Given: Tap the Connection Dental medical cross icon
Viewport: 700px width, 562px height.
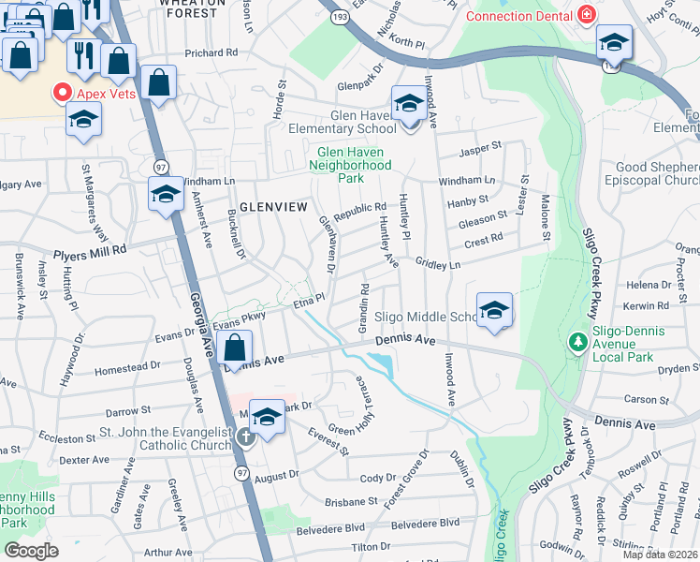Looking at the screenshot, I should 587,16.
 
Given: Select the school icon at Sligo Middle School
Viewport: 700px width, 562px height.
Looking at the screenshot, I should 494,310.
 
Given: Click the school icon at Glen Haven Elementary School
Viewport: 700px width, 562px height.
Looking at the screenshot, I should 407,103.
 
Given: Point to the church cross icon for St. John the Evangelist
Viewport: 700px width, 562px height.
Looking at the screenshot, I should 246,436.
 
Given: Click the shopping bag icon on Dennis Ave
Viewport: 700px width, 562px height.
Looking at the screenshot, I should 235,348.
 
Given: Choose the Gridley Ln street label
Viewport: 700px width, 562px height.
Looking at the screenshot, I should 438,266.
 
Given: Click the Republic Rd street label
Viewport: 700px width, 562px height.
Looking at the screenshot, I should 359,209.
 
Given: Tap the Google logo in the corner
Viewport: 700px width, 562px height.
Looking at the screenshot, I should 31,551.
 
